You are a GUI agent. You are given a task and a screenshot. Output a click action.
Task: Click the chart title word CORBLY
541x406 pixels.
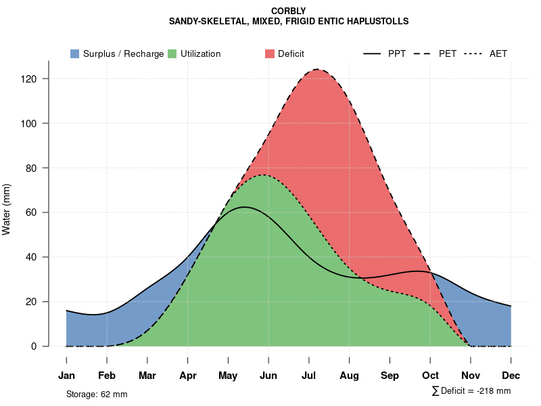[x=288, y=11]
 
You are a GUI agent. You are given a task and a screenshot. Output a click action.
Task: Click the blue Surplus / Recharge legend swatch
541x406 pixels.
[x=74, y=54]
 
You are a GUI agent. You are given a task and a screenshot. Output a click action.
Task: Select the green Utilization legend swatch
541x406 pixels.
[x=172, y=54]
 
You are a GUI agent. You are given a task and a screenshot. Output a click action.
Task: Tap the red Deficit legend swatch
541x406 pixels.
[x=270, y=54]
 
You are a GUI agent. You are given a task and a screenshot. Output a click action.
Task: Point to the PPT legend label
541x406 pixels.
[x=397, y=54]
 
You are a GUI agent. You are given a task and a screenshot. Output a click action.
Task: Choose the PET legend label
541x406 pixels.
[x=448, y=54]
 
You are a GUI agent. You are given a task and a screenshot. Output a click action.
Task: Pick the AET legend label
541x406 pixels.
[x=498, y=54]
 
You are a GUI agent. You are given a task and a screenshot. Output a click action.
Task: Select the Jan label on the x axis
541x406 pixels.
[x=66, y=376]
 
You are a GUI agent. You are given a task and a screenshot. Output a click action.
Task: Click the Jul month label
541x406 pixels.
[x=309, y=376]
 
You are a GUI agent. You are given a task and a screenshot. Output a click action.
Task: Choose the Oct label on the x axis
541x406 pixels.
[x=430, y=376]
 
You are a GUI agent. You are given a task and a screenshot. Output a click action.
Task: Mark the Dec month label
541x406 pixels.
[x=511, y=376]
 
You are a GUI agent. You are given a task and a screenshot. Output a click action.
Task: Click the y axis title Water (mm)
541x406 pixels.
[x=7, y=209]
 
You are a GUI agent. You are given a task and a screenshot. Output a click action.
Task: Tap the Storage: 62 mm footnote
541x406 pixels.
[x=97, y=394]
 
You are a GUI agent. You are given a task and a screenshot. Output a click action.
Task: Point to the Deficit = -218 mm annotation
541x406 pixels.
[x=471, y=391]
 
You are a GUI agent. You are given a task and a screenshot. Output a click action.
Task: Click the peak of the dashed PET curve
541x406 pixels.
[x=316, y=69]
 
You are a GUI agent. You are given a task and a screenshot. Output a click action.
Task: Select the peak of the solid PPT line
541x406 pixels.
[x=244, y=207]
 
